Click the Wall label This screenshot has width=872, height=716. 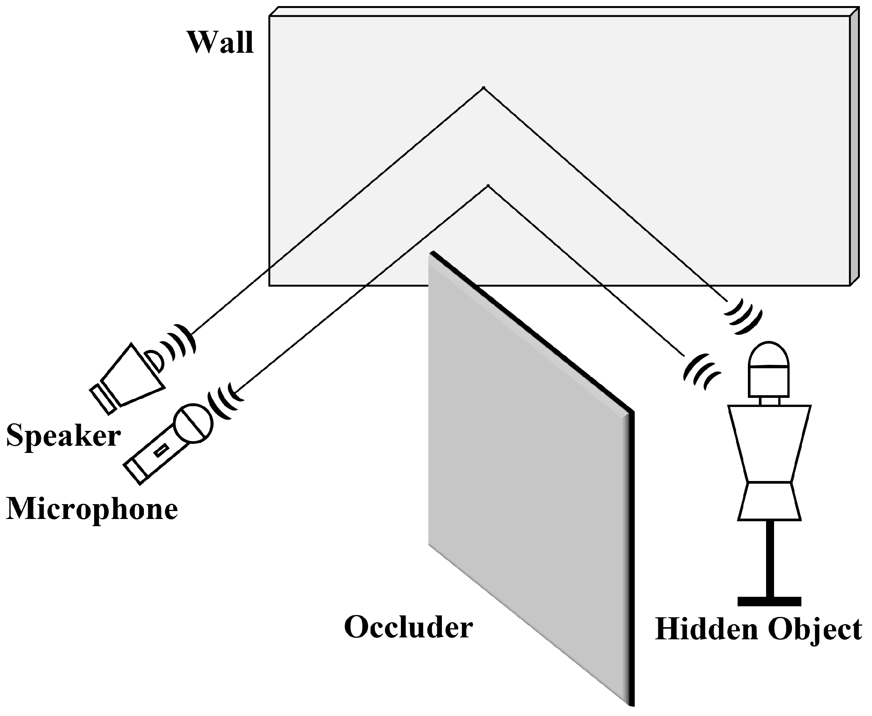pos(220,43)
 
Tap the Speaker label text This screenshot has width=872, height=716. pos(63,436)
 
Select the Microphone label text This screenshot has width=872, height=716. pos(91,509)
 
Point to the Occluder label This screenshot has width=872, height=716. pos(408,627)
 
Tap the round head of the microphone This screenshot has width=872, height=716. pos(192,424)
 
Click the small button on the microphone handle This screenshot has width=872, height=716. pos(161,450)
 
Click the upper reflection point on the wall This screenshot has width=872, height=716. pos(483,88)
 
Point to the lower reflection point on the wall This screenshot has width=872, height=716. pos(488,186)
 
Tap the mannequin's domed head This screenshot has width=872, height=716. pos(769,355)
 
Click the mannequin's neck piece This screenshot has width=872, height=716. pos(769,401)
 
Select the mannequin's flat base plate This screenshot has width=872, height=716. pos(769,601)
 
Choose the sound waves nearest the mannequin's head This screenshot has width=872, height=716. pos(701,371)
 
